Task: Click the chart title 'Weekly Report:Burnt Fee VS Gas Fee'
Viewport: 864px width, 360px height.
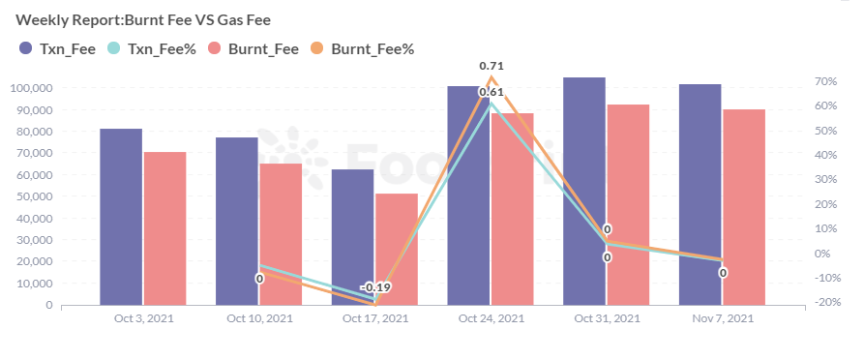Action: click(x=143, y=20)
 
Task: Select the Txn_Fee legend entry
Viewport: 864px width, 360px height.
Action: click(x=57, y=48)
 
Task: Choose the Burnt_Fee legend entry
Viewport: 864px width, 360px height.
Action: click(x=254, y=48)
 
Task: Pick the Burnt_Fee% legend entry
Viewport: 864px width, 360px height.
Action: click(x=362, y=48)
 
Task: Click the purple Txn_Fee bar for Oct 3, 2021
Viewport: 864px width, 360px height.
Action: click(x=121, y=217)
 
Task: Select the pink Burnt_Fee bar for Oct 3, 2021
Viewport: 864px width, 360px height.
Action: click(x=164, y=228)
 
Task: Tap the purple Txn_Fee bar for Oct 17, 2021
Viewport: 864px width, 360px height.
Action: click(x=352, y=237)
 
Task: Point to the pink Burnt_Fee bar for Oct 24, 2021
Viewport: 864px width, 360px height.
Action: click(x=513, y=209)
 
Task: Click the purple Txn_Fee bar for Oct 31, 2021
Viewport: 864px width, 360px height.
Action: click(x=584, y=192)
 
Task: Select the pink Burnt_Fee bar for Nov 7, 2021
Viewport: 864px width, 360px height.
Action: click(x=744, y=207)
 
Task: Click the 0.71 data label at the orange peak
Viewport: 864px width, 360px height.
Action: click(x=492, y=66)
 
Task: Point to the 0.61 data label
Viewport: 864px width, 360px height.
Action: click(x=492, y=92)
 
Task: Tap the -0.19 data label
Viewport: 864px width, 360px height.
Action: click(x=375, y=287)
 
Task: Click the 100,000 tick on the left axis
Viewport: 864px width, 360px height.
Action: click(x=31, y=88)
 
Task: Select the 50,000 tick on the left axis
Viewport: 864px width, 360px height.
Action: click(x=34, y=196)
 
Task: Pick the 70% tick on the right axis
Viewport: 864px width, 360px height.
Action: click(x=826, y=81)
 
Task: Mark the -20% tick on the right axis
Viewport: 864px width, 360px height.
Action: click(x=824, y=302)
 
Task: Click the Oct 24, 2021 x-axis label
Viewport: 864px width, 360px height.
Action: click(x=492, y=318)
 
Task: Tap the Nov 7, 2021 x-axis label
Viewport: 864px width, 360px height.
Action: click(x=723, y=318)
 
